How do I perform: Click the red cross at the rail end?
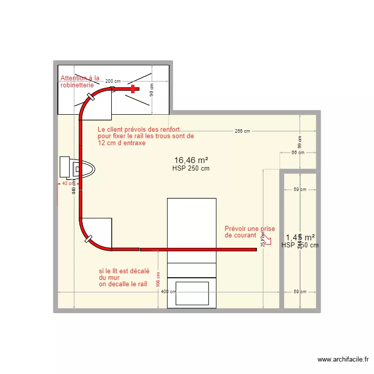coord(133,89)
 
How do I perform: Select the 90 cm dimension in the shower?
coord(152,90)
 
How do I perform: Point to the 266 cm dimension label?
coord(242,131)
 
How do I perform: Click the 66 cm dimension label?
coord(298,153)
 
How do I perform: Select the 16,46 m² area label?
coord(190,160)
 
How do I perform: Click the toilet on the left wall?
coord(75,168)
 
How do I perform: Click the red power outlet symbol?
coord(267,240)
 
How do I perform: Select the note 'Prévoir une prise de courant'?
coord(249,231)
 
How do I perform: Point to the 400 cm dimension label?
coord(169,292)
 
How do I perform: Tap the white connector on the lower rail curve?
coord(90,240)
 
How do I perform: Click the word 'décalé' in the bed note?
coord(140,271)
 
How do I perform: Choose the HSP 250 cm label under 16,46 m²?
coord(190,169)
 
